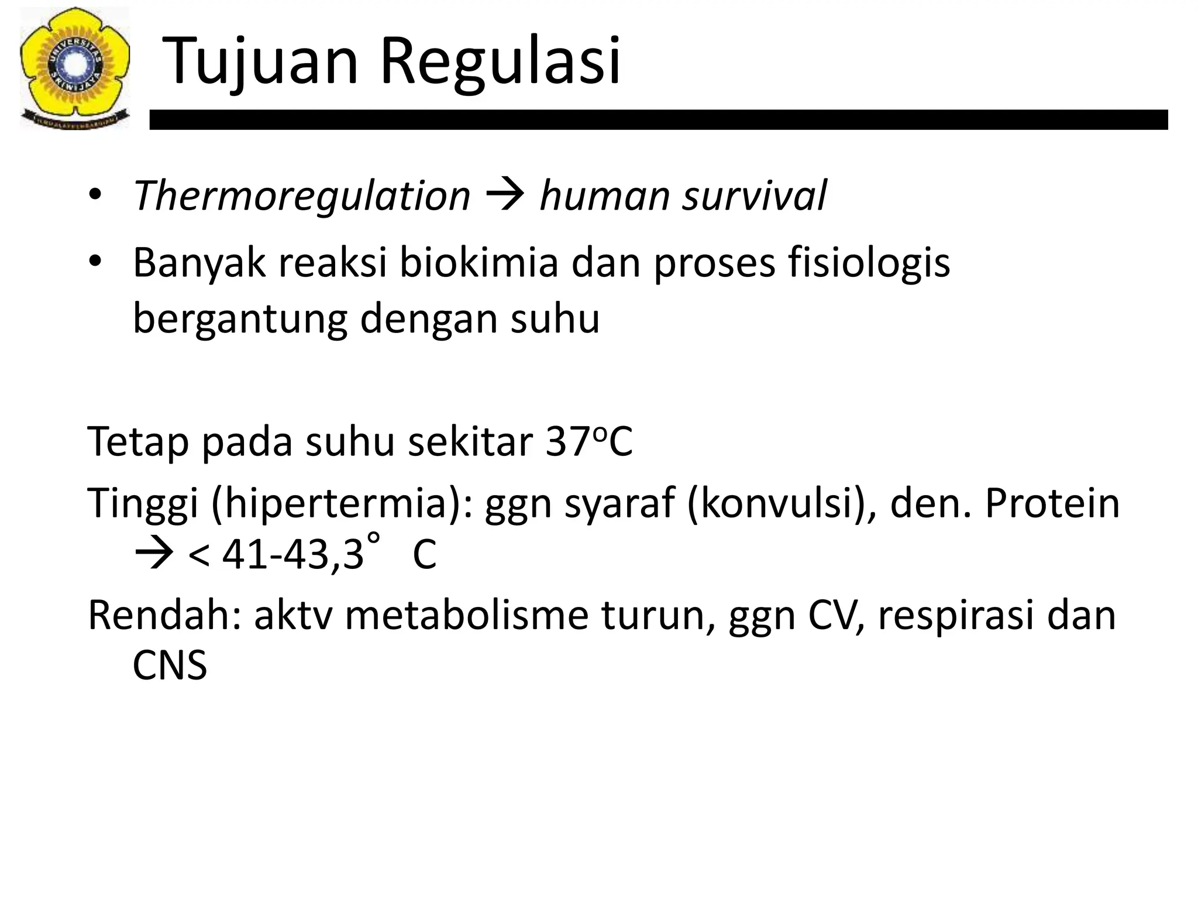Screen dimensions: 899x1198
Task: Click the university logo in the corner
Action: [74, 67]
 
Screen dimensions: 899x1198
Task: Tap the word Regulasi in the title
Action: [500, 61]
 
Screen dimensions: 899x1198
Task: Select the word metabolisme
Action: [466, 616]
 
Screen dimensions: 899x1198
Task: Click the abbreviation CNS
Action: [170, 665]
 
